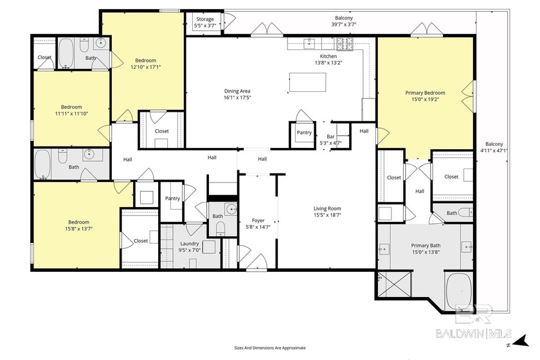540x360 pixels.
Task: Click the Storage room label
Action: coord(205,19)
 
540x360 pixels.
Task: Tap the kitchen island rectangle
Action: coord(307,82)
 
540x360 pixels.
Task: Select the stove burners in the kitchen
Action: coord(345,44)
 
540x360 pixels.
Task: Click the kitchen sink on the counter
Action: coord(309,43)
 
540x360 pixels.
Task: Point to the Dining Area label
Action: coord(237,91)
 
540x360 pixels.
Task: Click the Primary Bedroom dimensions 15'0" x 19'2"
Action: coord(425,99)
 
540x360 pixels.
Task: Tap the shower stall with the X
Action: coord(394,284)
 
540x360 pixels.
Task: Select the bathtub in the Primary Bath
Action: coord(459,291)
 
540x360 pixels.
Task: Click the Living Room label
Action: coord(327,208)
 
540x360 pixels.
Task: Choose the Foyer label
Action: coord(258,221)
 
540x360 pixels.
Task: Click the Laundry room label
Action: coord(190,244)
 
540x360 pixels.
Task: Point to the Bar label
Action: coord(330,136)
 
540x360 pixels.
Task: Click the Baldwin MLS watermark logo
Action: coord(474,319)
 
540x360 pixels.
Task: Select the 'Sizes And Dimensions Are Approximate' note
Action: coord(269,348)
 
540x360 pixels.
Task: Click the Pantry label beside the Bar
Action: coord(304,132)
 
